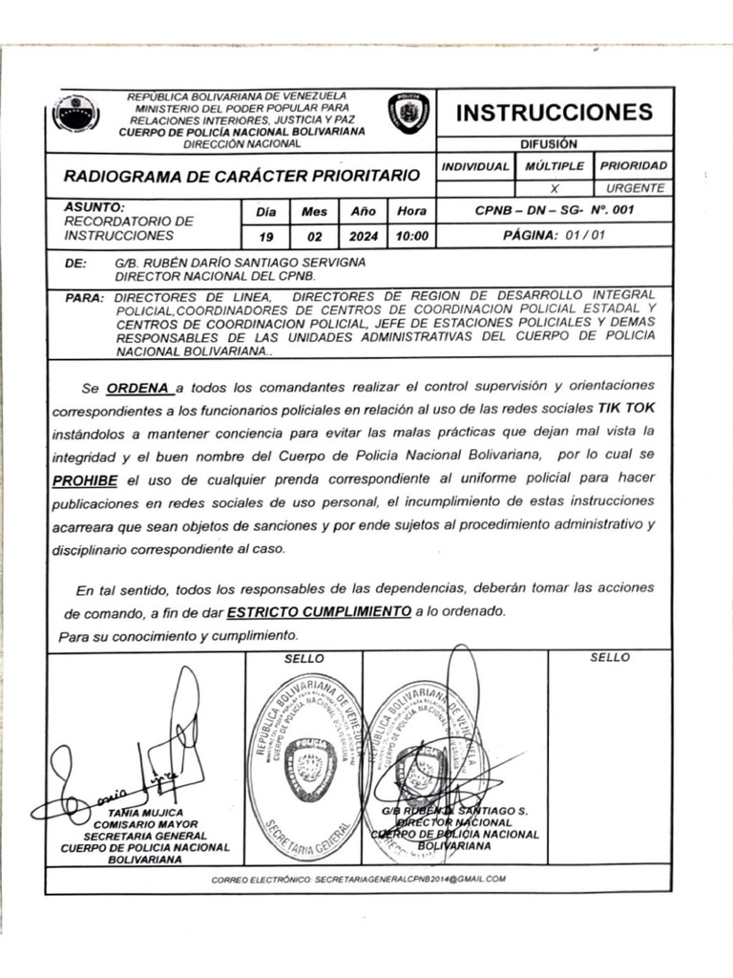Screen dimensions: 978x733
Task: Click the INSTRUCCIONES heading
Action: pyautogui.click(x=555, y=112)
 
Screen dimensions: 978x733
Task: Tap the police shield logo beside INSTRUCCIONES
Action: pyautogui.click(x=408, y=113)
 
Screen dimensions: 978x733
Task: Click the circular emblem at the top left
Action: pyautogui.click(x=75, y=114)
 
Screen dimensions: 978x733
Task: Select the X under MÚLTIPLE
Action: pyautogui.click(x=555, y=189)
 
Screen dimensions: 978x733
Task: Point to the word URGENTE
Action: pyautogui.click(x=635, y=189)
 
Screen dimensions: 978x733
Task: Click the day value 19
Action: pyautogui.click(x=264, y=236)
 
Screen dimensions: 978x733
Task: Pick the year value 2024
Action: pyautogui.click(x=364, y=236)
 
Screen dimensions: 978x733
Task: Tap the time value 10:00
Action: pyautogui.click(x=411, y=236)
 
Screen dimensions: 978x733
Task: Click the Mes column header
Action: pyautogui.click(x=314, y=211)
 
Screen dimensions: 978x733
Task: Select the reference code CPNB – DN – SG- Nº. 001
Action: pyautogui.click(x=554, y=210)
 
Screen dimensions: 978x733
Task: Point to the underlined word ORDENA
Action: pyautogui.click(x=138, y=388)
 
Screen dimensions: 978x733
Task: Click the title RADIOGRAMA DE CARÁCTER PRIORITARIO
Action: pyautogui.click(x=241, y=176)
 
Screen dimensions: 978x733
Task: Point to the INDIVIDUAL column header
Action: pyautogui.click(x=474, y=166)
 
